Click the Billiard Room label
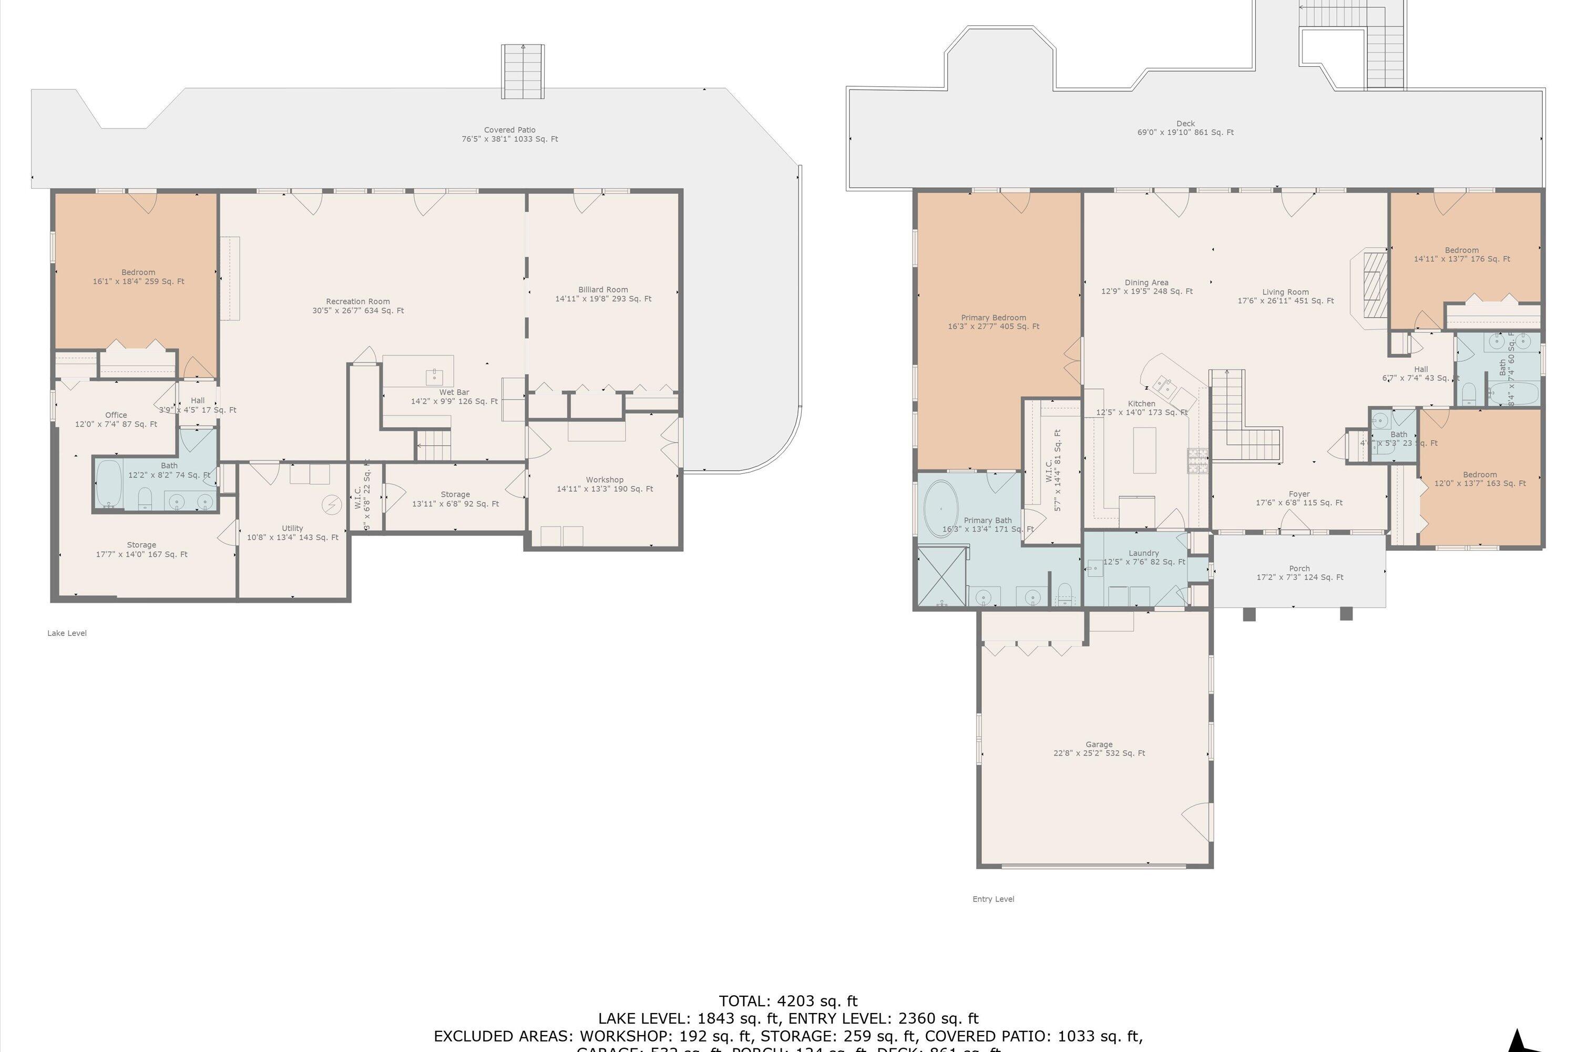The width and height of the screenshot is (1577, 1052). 603,290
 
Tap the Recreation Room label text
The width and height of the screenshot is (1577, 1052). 357,302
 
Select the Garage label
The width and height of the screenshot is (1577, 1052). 1099,744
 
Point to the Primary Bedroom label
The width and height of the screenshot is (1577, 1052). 993,318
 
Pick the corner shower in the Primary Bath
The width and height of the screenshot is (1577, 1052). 941,576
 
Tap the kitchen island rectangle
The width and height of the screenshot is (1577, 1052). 1144,450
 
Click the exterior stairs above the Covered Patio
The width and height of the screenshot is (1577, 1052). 523,71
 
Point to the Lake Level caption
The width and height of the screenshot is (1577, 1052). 67,633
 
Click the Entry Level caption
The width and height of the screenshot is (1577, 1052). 993,899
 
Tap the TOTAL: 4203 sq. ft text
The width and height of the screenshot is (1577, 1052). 788,1002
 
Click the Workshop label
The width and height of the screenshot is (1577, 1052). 604,480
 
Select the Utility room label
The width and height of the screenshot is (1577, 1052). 292,528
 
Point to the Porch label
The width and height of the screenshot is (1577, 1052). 1299,568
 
